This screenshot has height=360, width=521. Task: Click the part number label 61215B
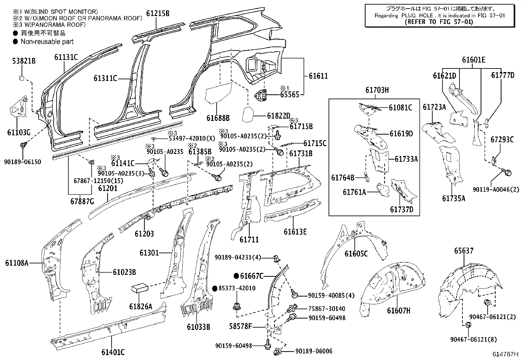tap(158, 13)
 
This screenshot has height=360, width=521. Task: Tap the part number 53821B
tap(24, 61)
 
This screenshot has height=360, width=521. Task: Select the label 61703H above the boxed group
tap(377, 90)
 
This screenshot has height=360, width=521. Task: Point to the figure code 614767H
tap(506, 354)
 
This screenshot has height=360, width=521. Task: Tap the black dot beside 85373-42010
tap(215, 288)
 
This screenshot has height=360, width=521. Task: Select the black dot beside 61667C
tap(236, 276)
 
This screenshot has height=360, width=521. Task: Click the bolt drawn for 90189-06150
tap(24, 145)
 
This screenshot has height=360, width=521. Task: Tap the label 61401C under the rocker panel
tap(113, 352)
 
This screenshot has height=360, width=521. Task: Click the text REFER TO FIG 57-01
tap(439, 22)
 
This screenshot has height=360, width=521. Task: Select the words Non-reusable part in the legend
tap(47, 42)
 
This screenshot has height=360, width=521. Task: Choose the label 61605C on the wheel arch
tap(356, 254)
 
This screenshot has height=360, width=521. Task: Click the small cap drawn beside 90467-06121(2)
tap(487, 302)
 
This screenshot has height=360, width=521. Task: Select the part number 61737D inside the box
tap(401, 209)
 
